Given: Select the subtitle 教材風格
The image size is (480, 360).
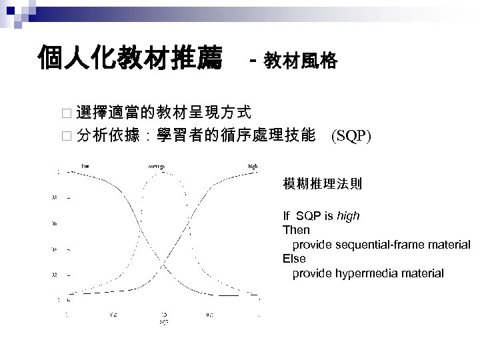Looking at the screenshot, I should (x=301, y=62).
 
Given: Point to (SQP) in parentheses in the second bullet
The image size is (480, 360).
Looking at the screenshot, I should (x=351, y=137).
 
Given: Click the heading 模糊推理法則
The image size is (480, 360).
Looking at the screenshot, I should (x=323, y=184).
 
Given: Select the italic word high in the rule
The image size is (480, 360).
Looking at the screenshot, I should (x=348, y=217).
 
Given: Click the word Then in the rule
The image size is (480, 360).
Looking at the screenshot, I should (x=296, y=230).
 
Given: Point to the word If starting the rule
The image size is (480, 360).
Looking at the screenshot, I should (x=287, y=217).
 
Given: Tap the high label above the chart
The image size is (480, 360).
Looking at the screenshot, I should (x=252, y=165).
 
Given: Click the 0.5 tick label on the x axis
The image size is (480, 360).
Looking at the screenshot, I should (x=163, y=314).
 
